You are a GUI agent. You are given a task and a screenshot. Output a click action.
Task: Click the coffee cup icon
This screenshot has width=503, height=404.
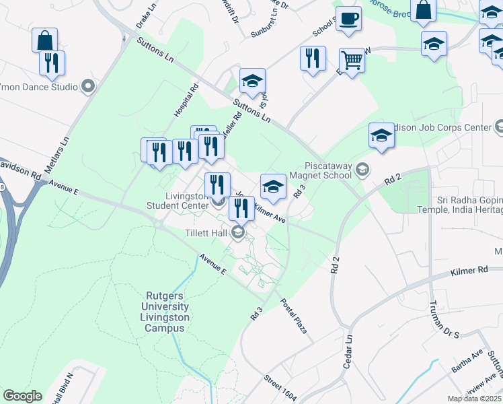348,20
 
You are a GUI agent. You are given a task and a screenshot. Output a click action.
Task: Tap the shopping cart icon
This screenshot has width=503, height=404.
352,61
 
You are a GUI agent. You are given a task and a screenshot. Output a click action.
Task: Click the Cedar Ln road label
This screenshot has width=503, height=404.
348,346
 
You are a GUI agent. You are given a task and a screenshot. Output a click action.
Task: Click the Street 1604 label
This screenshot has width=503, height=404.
280,389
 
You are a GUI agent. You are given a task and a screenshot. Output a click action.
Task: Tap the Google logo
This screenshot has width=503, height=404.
22,396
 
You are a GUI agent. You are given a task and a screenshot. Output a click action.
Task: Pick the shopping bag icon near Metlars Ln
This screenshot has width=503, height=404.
44,40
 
